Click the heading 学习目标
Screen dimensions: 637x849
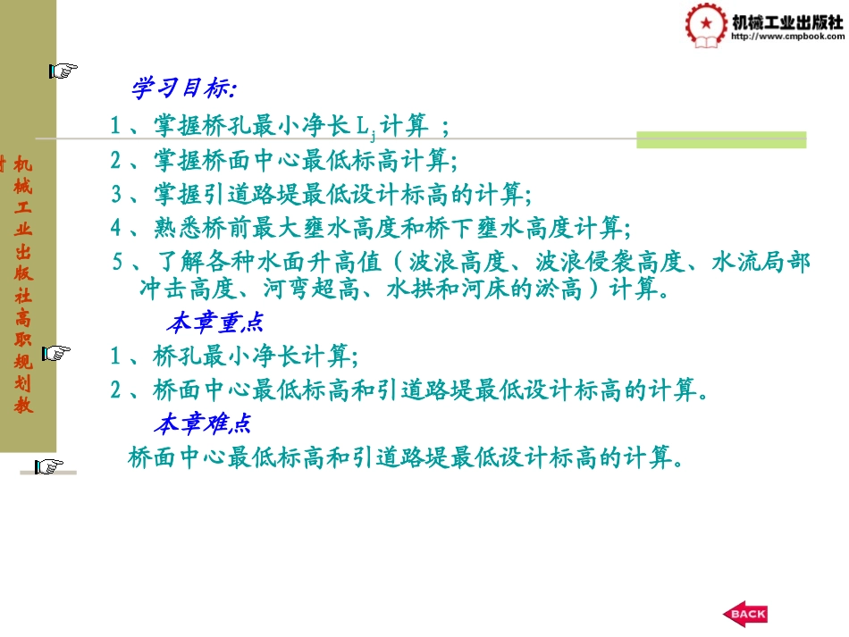(x=183, y=88)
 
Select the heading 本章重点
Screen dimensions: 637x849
(x=214, y=322)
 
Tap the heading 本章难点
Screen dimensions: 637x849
(x=205, y=423)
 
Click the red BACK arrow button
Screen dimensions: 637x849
(x=744, y=614)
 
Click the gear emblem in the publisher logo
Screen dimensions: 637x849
(x=707, y=25)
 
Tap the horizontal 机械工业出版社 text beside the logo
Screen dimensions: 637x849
(x=786, y=21)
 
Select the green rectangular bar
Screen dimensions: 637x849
(x=721, y=139)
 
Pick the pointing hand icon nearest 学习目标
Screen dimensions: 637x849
(x=63, y=71)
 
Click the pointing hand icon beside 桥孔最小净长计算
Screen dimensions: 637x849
(x=55, y=353)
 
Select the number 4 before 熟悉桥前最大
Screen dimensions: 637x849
(x=116, y=228)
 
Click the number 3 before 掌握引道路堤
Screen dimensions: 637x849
(x=116, y=194)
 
